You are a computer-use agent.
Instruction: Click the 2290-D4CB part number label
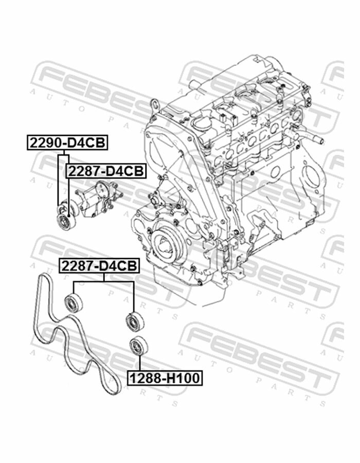point(67,143)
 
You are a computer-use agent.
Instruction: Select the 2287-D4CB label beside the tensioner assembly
point(106,171)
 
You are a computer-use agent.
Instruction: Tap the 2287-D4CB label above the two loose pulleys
point(99,266)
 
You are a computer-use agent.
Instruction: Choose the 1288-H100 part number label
point(165,378)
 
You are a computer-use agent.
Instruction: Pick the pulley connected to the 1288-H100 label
point(139,346)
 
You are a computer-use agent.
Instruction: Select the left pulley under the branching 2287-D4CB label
point(74,303)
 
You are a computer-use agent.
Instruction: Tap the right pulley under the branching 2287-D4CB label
point(135,320)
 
